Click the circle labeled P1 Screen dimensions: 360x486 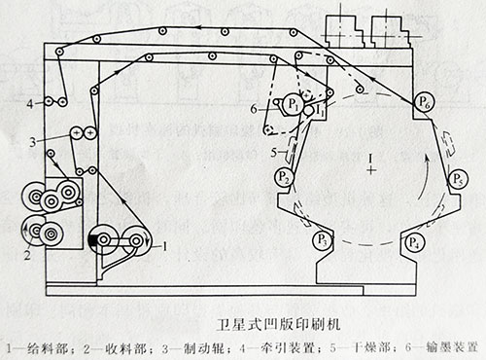(292, 102)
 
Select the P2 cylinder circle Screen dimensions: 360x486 (283, 177)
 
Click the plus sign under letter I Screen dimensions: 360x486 (370, 169)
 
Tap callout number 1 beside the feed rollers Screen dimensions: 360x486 (166, 247)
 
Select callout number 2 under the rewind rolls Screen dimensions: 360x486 (28, 258)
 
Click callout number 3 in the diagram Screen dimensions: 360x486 (33, 142)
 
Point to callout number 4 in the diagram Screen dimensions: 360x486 (30, 102)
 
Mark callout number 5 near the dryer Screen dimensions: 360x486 (274, 151)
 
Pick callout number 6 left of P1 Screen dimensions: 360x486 (254, 108)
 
